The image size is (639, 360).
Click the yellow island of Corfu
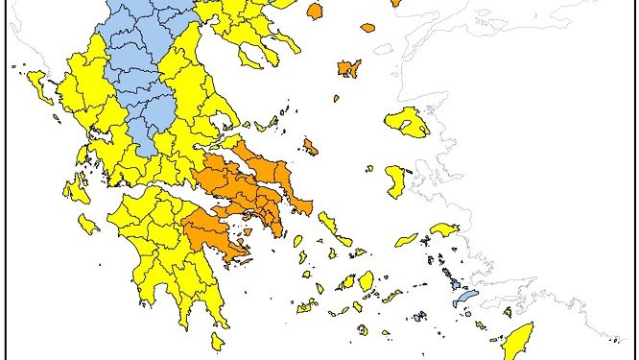pos(39,87)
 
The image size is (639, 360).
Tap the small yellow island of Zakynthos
pos(87,225)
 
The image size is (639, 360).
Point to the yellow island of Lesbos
pos(407,122)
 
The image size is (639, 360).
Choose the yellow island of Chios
pos(395,180)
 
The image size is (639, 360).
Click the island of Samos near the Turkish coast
pos(444,230)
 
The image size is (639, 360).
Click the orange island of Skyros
pos(310,146)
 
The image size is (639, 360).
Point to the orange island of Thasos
pos(314,11)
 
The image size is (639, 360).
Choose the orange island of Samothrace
pos(367,27)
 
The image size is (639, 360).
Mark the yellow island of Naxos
pos(367,281)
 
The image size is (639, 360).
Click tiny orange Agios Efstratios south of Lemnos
pos(336,98)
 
